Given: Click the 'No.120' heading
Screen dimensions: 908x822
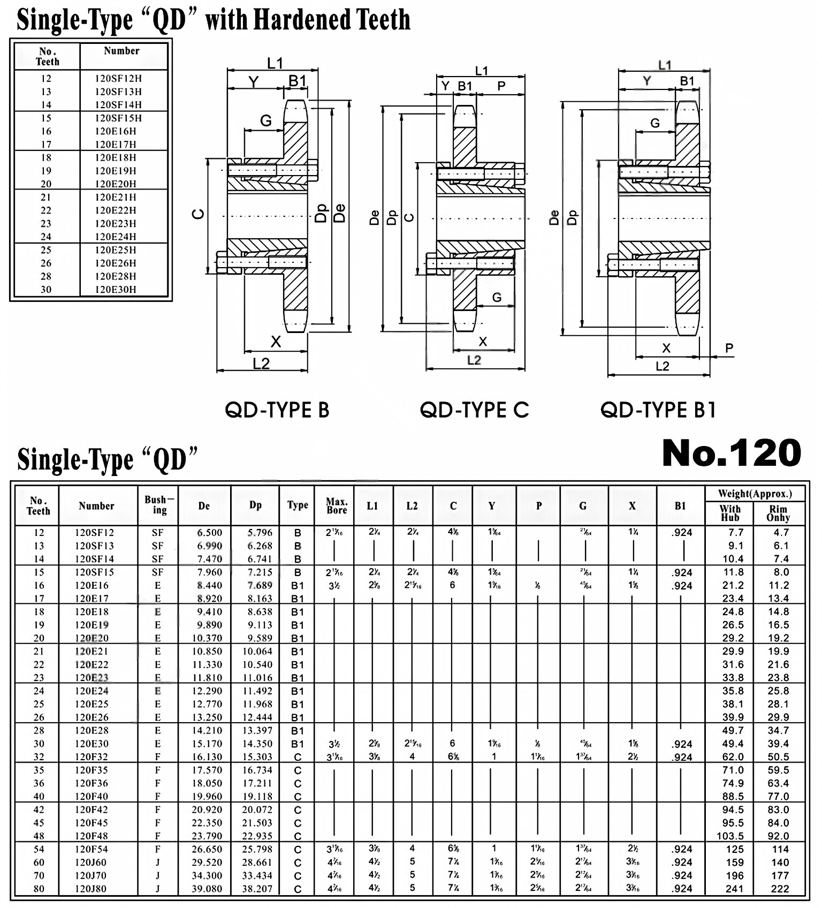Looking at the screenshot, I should pyautogui.click(x=731, y=453).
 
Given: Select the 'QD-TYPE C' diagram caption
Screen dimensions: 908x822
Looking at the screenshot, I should pyautogui.click(x=474, y=410).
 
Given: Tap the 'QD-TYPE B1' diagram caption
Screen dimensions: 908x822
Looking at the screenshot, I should pyautogui.click(x=658, y=410).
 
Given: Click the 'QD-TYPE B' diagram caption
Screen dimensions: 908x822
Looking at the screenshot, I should pyautogui.click(x=277, y=410).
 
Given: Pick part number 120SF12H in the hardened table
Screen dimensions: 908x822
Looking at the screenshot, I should pyautogui.click(x=118, y=78).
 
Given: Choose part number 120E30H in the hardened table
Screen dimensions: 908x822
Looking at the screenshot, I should pyautogui.click(x=116, y=290).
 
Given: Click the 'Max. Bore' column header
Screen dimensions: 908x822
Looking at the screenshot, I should pyautogui.click(x=337, y=506).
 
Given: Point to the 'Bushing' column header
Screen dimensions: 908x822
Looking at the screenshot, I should pyautogui.click(x=158, y=505).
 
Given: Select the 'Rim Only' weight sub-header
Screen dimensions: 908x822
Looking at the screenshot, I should pyautogui.click(x=778, y=513).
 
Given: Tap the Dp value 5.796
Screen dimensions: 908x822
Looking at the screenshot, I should pyautogui.click(x=260, y=533).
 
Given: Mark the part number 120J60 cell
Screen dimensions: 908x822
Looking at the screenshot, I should pyautogui.click(x=91, y=862).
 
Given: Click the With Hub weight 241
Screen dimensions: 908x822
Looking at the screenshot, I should pyautogui.click(x=734, y=889).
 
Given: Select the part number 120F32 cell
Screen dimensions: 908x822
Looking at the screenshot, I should pyautogui.click(x=92, y=757).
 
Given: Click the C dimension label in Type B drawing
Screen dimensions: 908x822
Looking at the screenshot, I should pyautogui.click(x=198, y=214).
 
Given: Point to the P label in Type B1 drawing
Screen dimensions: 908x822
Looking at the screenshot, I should pyautogui.click(x=729, y=348).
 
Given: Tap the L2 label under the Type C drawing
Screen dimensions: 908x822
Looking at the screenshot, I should pyautogui.click(x=474, y=360).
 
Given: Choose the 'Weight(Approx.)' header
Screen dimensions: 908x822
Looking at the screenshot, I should pyautogui.click(x=755, y=494).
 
